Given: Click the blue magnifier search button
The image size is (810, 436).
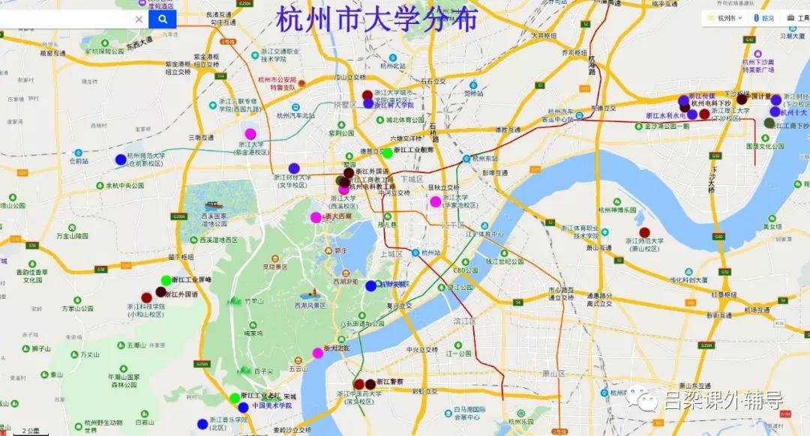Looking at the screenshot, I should click(x=162, y=19).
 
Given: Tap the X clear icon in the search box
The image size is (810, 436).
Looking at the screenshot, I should click(x=139, y=19).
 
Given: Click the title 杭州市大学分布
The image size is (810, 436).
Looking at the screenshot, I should click(x=376, y=19).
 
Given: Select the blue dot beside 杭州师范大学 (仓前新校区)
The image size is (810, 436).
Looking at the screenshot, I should click(x=121, y=160).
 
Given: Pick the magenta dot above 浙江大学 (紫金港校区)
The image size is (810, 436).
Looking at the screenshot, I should click(x=250, y=133).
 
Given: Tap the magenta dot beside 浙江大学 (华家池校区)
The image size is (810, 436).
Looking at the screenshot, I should click(x=435, y=202).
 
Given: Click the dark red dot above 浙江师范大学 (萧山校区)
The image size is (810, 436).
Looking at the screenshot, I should click(x=644, y=232).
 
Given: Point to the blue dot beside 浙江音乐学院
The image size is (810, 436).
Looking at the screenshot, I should click(x=202, y=424).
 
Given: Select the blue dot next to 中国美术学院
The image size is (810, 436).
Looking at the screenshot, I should click(x=243, y=408).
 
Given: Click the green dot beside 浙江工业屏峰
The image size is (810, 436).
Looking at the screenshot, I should click(x=166, y=281).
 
